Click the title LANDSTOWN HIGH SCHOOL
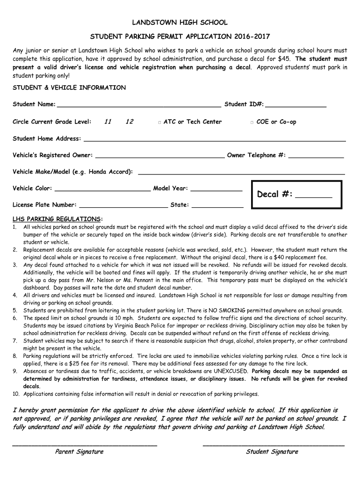click(180, 22)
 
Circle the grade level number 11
click(108, 122)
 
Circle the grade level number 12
click(130, 122)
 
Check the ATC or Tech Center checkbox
click(159, 122)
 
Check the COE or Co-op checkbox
click(252, 122)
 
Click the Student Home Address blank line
click(214, 140)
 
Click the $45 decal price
click(283, 59)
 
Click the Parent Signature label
click(79, 451)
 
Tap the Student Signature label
click(272, 451)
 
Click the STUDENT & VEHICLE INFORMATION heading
click(69, 87)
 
